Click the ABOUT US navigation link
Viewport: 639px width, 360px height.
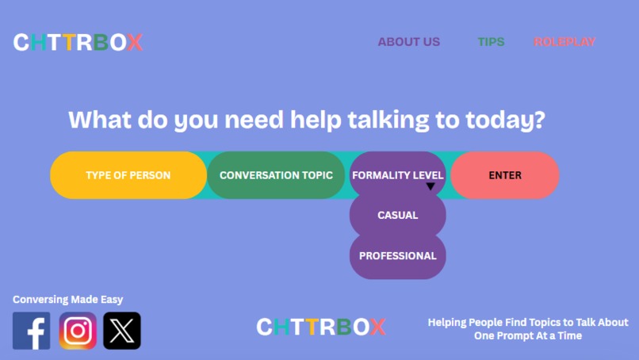(x=408, y=42)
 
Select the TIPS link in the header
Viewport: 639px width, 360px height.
(x=491, y=42)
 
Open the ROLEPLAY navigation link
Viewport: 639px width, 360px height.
(x=564, y=42)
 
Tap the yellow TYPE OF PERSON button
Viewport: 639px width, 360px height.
(x=128, y=175)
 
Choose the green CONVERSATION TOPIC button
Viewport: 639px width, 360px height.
(x=276, y=175)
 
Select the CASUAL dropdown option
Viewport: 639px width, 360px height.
(x=397, y=215)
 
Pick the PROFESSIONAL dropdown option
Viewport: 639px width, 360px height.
(x=397, y=256)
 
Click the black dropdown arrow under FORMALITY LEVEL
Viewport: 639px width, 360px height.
(x=430, y=187)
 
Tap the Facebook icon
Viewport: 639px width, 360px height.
(x=32, y=331)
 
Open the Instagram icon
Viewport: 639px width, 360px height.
(x=78, y=331)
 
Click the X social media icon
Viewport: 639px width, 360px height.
(x=122, y=331)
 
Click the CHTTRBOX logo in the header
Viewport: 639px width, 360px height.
(x=78, y=42)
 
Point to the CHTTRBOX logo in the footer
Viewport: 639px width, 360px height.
(x=321, y=327)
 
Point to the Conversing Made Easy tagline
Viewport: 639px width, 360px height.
(x=68, y=300)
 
